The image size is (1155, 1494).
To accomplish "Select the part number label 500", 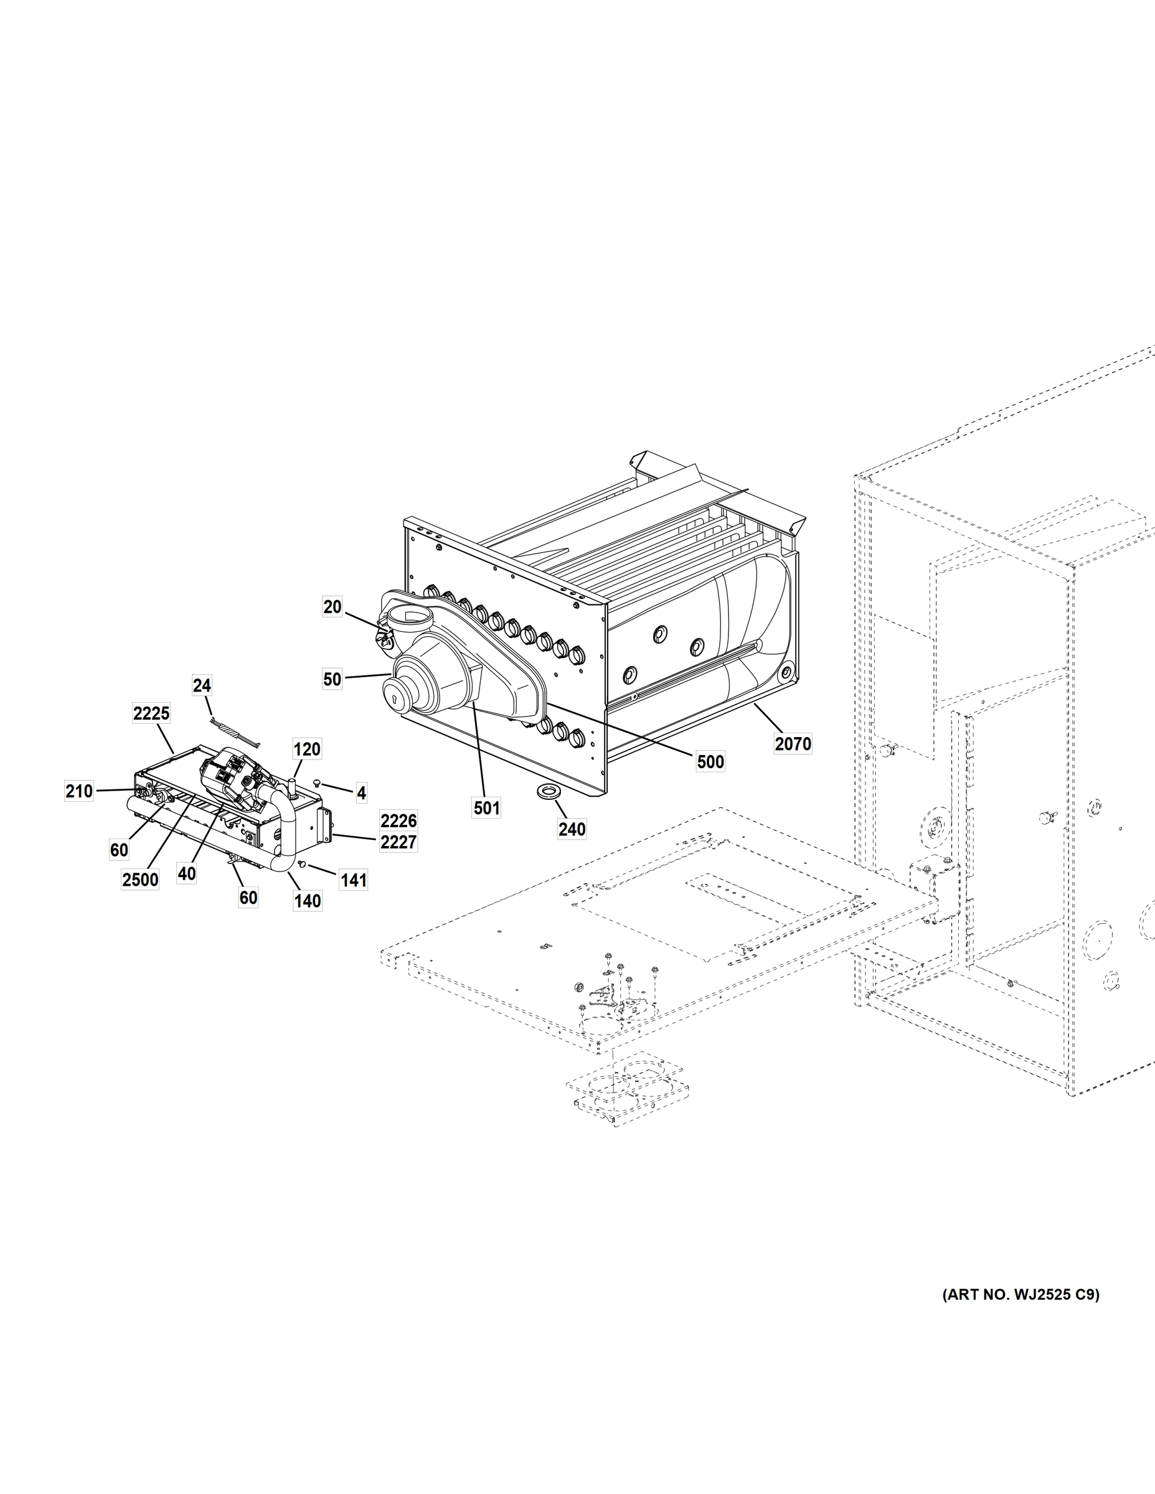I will click(x=710, y=761).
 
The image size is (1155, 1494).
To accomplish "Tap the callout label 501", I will click(x=486, y=808).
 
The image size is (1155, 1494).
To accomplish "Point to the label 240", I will click(x=572, y=829).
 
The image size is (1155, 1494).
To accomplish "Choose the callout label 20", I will click(x=332, y=607).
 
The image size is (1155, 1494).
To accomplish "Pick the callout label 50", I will click(x=332, y=679).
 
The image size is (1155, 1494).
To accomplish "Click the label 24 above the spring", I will click(x=202, y=685).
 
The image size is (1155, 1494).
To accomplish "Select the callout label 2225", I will click(x=151, y=714).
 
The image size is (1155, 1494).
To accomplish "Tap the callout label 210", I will click(x=78, y=791).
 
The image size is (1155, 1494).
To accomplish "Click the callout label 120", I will click(x=306, y=749).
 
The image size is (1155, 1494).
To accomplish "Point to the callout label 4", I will click(x=361, y=793).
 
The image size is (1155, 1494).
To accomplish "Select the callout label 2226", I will click(x=398, y=821).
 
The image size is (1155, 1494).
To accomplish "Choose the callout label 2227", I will click(x=398, y=842).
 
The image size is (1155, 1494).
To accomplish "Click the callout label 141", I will click(x=354, y=880).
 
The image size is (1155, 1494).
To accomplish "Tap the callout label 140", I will click(x=307, y=901).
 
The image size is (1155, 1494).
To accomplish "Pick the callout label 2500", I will click(x=140, y=880).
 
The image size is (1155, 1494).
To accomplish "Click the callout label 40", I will click(x=186, y=873).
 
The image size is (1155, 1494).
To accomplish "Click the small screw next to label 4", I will click(x=318, y=782).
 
